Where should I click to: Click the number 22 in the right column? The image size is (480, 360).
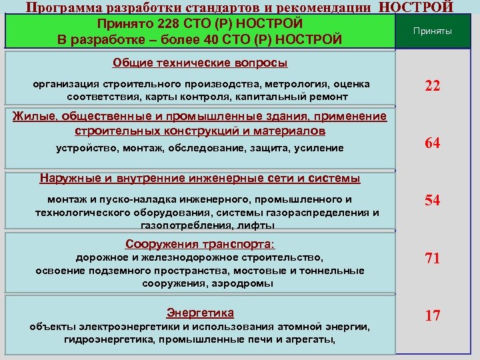[433, 87]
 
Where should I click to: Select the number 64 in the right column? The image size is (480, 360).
[433, 143]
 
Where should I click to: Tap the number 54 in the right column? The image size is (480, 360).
[433, 200]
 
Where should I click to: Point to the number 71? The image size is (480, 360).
[433, 258]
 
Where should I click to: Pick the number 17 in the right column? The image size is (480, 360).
[433, 315]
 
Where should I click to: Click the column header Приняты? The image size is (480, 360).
[433, 31]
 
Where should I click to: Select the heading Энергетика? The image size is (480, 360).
[200, 312]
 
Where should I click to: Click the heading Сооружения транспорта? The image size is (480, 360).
[200, 243]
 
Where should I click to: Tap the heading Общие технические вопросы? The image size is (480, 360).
[200, 63]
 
